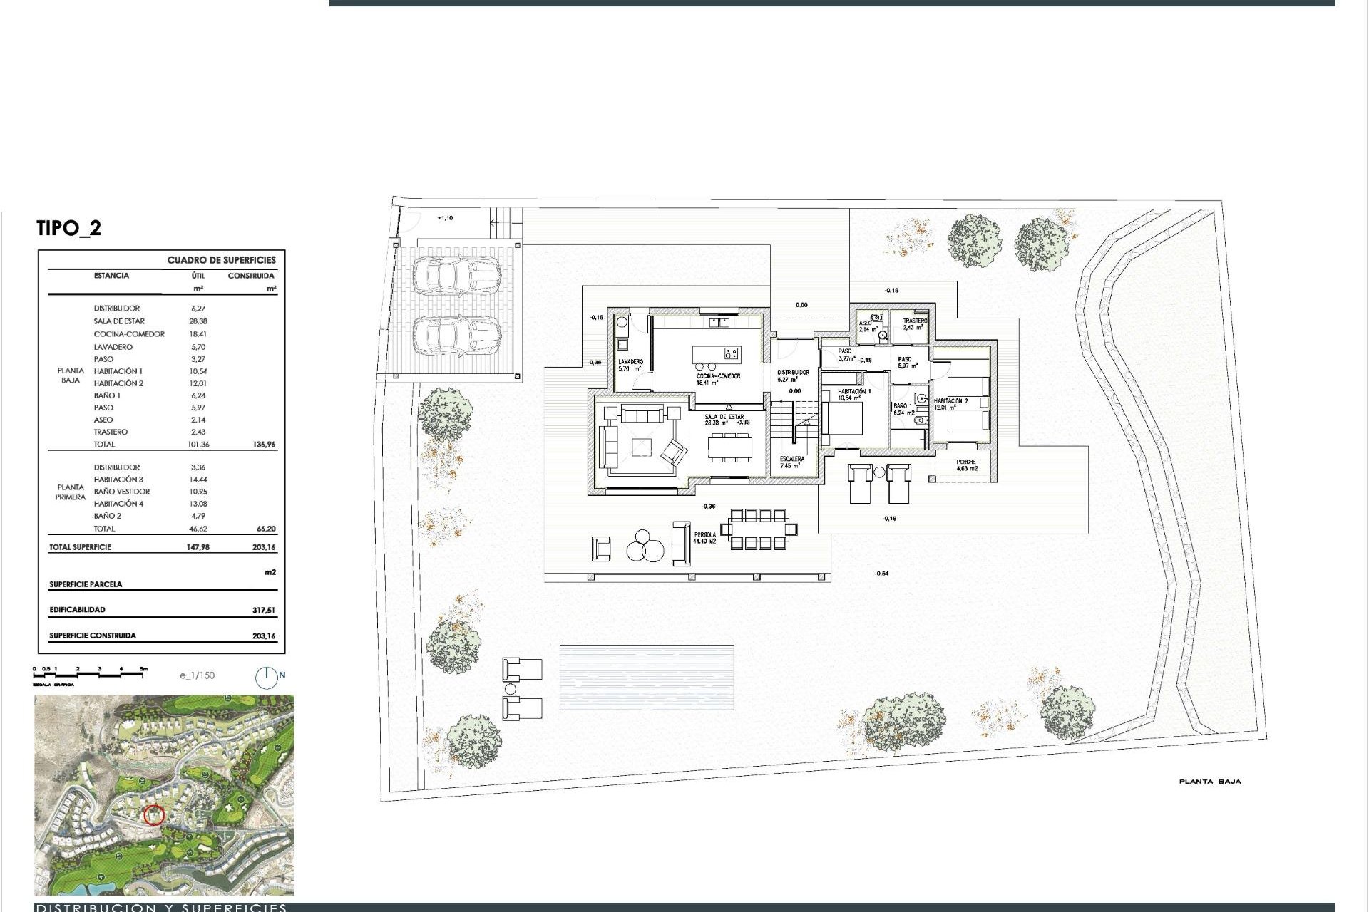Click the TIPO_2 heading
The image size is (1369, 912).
68,228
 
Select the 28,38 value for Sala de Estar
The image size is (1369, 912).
198,321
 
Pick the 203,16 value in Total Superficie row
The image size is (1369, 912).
263,547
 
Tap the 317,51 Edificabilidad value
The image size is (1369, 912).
263,610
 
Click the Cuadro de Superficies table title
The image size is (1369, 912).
221,260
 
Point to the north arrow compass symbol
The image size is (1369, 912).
267,677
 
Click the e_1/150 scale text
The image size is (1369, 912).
198,675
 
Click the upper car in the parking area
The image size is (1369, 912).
457,275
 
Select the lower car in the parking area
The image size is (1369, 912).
457,335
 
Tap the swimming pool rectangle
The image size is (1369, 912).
647,677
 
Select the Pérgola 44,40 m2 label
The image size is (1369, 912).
704,537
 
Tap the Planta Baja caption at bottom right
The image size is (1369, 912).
1210,782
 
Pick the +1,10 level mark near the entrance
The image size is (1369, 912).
444,218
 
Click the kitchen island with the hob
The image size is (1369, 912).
717,354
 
